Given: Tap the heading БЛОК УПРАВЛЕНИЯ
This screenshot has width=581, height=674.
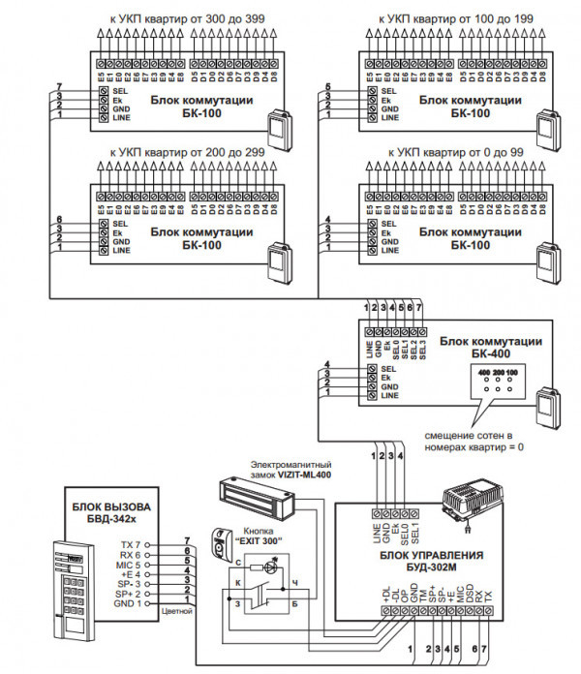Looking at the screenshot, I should pos(430,556).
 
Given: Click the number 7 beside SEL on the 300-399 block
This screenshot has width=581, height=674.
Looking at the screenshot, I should pos(60,88).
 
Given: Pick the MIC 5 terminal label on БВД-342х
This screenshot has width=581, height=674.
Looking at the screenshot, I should pos(129,562).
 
